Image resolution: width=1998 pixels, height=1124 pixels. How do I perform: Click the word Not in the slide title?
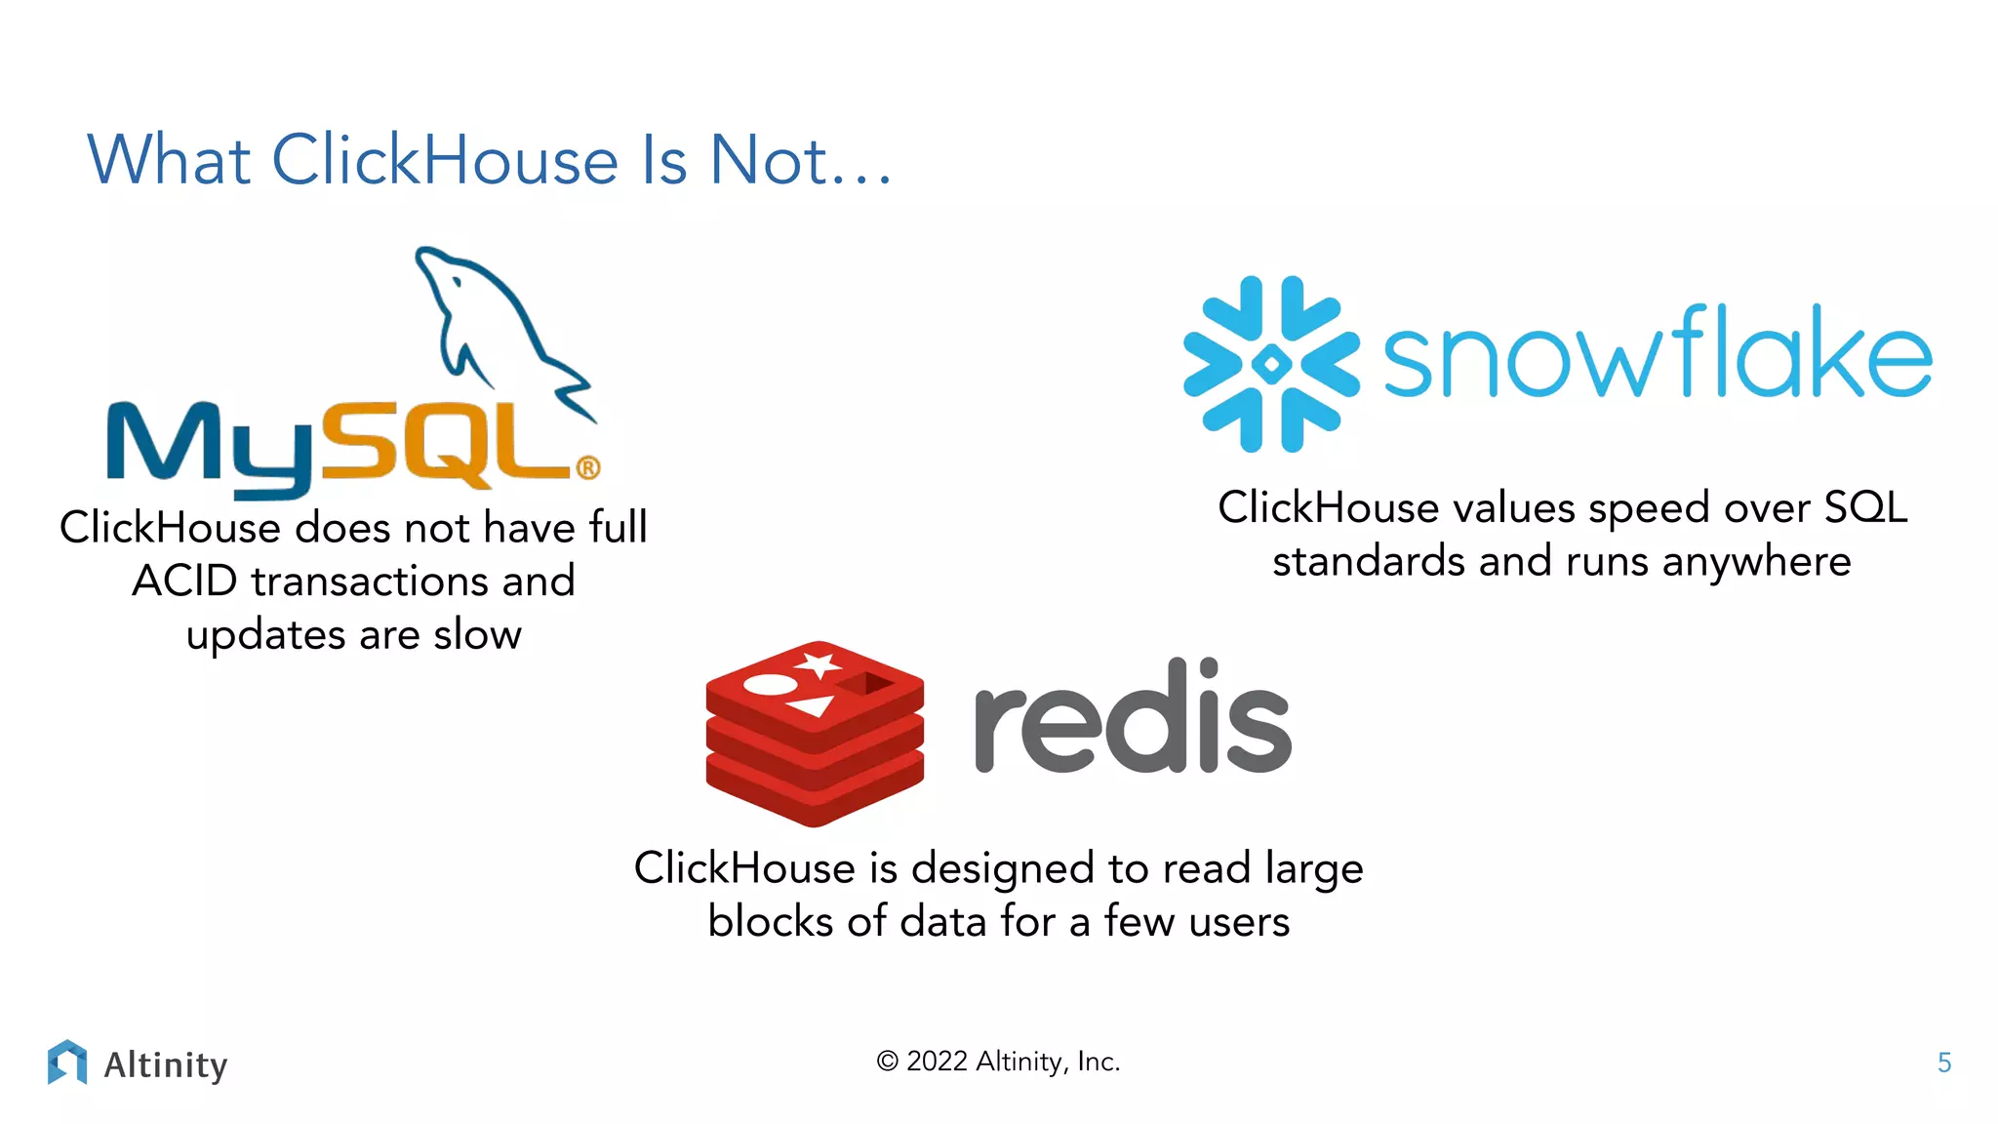[x=769, y=159]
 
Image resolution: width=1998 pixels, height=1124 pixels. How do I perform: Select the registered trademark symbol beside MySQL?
[x=588, y=468]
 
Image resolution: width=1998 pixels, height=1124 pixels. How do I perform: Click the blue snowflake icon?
[x=1271, y=364]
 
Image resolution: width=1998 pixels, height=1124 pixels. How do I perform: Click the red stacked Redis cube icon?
[x=815, y=732]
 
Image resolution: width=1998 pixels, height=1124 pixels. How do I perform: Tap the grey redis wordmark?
[x=1132, y=717]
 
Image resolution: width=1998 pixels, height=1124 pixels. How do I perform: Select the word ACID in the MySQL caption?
[x=184, y=582]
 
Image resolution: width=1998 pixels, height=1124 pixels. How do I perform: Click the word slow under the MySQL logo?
[x=477, y=635]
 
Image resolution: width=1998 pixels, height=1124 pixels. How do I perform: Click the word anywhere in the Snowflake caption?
[x=1756, y=563]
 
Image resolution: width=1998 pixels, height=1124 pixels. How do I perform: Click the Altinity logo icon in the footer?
[x=67, y=1063]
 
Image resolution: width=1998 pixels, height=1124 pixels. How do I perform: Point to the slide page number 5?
[x=1943, y=1063]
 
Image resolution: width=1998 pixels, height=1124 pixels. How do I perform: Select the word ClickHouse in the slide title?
[x=445, y=159]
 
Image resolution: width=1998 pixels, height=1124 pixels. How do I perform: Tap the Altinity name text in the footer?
[x=166, y=1064]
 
